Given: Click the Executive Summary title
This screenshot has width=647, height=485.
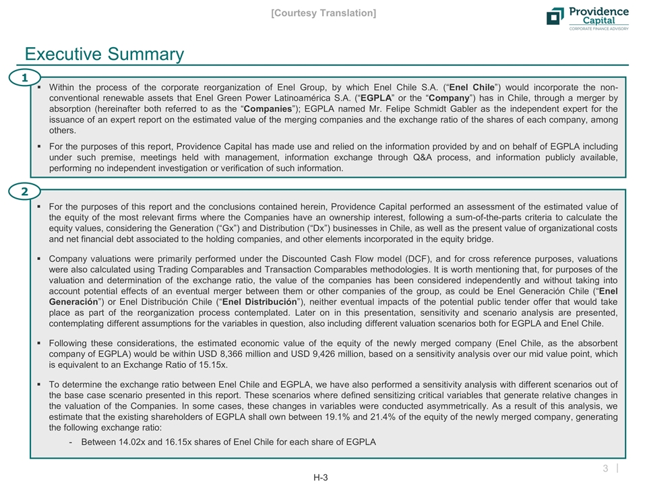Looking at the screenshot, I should [x=104, y=54].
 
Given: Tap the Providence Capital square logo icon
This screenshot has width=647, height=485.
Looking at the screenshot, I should [x=555, y=16].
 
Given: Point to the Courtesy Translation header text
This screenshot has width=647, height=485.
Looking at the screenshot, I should [x=323, y=13].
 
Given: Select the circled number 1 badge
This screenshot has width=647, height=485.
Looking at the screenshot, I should [x=25, y=79].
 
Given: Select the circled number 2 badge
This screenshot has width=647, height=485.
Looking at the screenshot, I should [x=25, y=191].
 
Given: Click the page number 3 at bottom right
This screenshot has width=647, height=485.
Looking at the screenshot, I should [x=605, y=467].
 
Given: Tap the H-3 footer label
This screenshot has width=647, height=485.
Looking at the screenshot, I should [x=321, y=478].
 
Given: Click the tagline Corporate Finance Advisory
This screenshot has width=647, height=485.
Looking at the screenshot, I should [x=599, y=28].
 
